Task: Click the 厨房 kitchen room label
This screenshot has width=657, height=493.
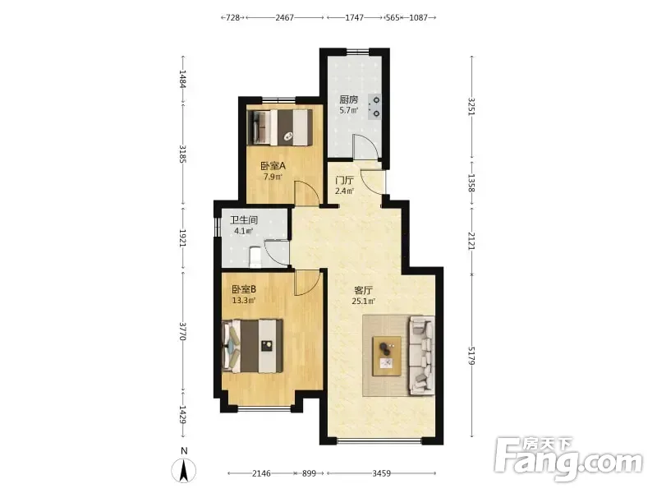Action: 348,99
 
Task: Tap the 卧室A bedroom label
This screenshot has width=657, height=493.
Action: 273,166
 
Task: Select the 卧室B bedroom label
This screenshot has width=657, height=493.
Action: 244,290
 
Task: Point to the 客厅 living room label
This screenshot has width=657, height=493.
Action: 364,290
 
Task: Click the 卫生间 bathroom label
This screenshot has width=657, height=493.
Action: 244,220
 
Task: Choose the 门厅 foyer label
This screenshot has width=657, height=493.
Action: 344,181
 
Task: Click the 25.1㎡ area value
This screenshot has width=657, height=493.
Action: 364,301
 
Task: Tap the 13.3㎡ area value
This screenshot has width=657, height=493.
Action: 244,300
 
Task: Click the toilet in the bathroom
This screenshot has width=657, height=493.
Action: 255,257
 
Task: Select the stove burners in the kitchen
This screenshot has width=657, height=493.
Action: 375,107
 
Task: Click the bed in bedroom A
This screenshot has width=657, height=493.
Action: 279,127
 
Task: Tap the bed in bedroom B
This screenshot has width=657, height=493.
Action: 253,346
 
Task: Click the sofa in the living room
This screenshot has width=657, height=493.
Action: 421,356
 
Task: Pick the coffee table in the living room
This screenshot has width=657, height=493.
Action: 387,356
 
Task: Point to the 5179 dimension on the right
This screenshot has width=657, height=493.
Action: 471,356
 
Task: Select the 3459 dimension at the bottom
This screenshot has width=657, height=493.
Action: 381,473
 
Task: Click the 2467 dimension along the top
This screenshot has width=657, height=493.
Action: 284,17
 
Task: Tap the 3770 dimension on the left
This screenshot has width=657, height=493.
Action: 182,331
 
